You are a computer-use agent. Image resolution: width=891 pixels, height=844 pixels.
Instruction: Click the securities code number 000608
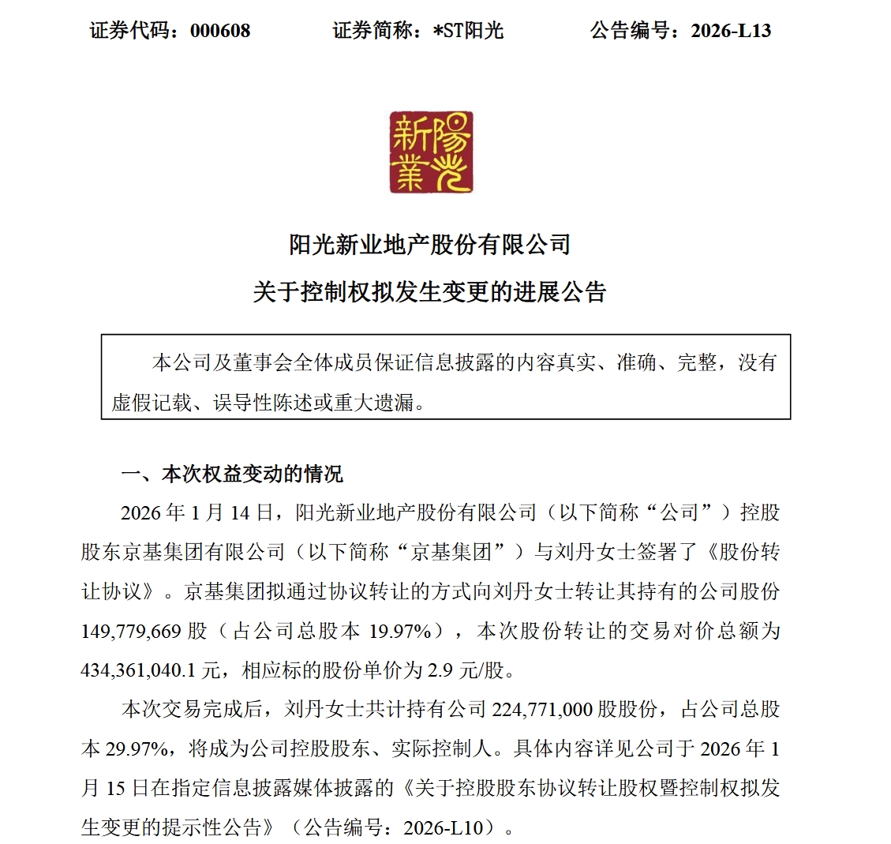pos(220,31)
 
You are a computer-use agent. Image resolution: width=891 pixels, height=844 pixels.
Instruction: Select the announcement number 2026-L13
pos(731,31)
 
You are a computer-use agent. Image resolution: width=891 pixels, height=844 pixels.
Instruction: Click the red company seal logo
pos(431,152)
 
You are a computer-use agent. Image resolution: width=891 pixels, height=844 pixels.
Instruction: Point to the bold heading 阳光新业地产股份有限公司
pos(430,245)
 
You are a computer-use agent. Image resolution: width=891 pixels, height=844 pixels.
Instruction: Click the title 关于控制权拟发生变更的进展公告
pos(430,292)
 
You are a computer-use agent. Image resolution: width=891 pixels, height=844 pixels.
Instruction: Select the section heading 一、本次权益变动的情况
pos(232,475)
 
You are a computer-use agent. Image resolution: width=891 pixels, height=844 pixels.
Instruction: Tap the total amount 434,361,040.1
pos(140,670)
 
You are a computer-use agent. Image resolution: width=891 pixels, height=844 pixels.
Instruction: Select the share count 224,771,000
pos(542,709)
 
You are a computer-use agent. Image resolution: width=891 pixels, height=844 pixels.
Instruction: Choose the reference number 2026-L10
pos(449,827)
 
